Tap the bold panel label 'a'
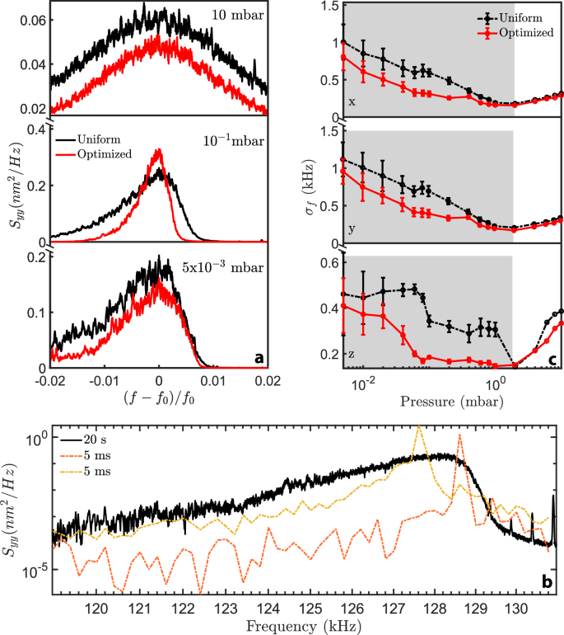pos(259,357)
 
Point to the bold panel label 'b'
pos(547,582)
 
